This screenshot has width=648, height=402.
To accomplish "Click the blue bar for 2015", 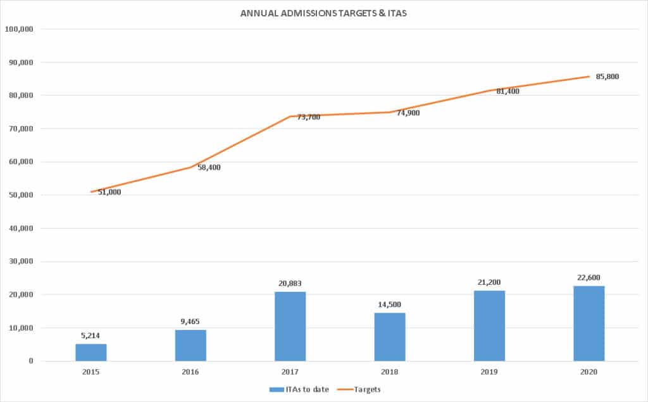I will (91, 352).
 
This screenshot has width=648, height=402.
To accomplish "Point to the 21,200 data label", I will (490, 282).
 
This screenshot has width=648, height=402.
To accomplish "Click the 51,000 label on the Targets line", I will (108, 192).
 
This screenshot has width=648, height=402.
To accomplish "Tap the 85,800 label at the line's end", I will (607, 77).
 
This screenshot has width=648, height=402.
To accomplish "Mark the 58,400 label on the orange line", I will (208, 167).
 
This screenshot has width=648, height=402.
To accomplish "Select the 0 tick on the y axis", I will (30, 361).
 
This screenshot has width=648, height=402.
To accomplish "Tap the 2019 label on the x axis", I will (490, 372).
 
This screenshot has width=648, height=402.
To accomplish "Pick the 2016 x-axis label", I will (190, 372).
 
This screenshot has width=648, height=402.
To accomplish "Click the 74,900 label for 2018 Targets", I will (407, 113).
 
